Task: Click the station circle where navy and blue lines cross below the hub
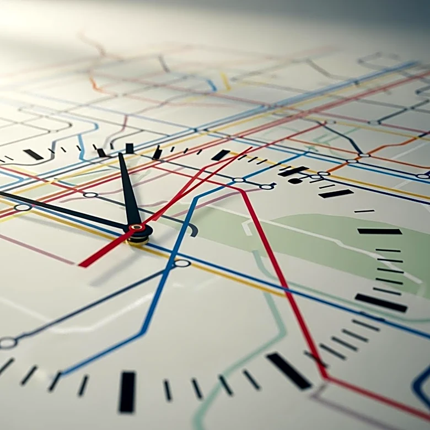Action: click(181, 264)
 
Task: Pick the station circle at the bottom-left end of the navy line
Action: click(8, 343)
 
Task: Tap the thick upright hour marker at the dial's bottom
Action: click(127, 391)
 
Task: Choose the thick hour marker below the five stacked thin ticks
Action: click(380, 302)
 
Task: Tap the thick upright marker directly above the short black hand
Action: click(130, 148)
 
